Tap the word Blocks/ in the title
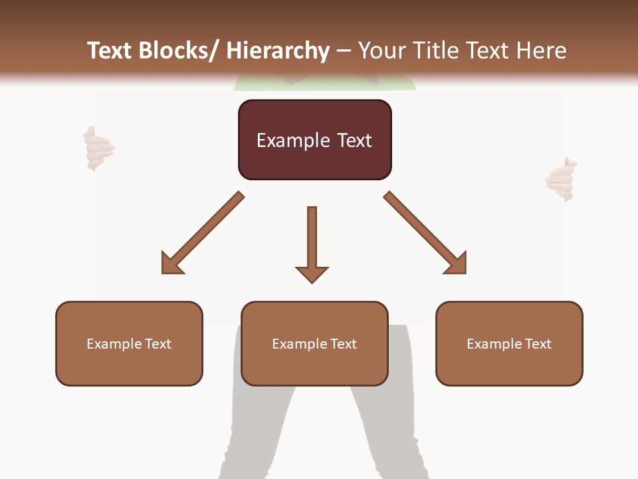point(179,51)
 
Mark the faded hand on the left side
point(98,148)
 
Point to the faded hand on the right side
point(560,180)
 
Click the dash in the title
point(344,51)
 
